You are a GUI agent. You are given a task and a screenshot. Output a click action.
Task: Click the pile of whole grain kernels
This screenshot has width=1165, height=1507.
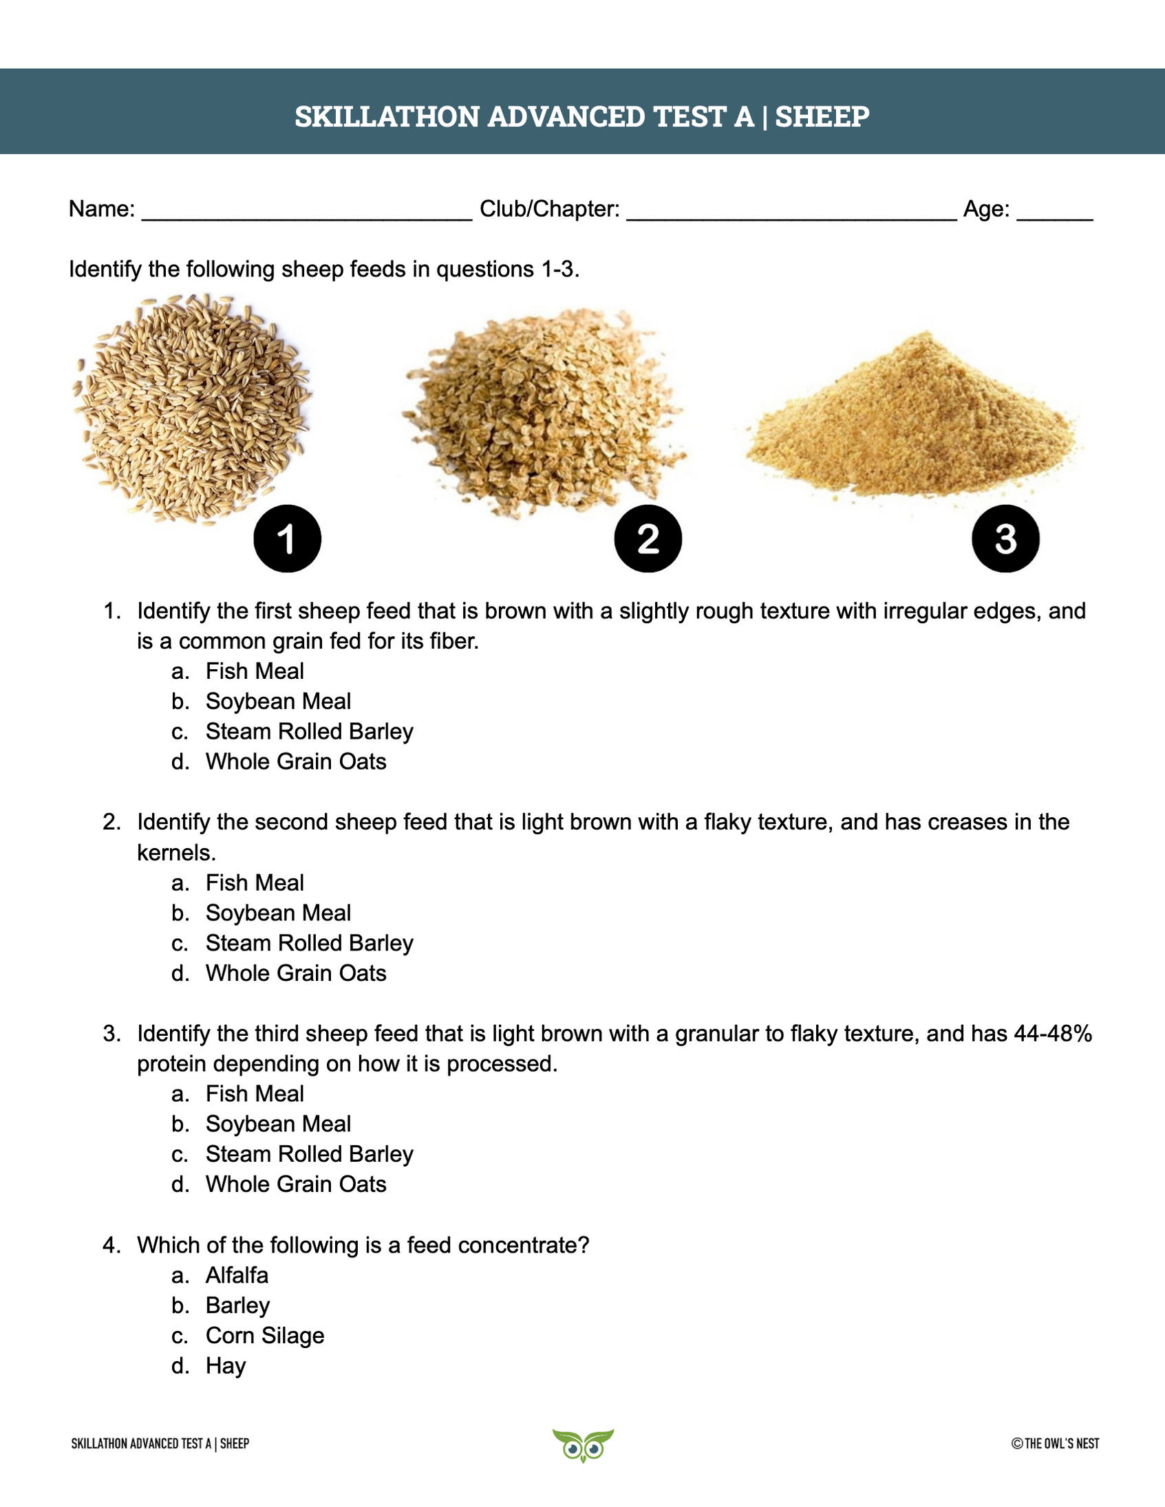pyautogui.click(x=192, y=407)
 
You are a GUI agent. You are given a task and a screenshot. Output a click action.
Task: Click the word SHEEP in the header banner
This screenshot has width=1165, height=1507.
pyautogui.click(x=822, y=117)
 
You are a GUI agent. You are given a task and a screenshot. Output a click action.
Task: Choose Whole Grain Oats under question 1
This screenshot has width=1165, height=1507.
pyautogui.click(x=295, y=761)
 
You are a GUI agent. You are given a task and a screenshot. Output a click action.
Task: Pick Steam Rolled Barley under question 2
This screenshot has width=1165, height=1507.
pyautogui.click(x=309, y=942)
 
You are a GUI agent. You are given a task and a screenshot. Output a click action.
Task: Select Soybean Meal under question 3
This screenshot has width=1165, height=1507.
pyautogui.click(x=278, y=1124)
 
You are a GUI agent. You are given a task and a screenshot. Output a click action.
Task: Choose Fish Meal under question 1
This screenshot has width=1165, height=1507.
pyautogui.click(x=255, y=671)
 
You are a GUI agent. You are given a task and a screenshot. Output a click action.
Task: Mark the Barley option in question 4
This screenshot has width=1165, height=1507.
pyautogui.click(x=237, y=1305)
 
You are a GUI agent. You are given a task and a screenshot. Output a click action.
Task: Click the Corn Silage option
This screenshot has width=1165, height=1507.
pyautogui.click(x=264, y=1335)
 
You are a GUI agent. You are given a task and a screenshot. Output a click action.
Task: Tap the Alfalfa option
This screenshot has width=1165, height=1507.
pyautogui.click(x=237, y=1275)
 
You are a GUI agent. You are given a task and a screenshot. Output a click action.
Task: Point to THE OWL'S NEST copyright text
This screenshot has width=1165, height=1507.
pyautogui.click(x=1056, y=1444)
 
